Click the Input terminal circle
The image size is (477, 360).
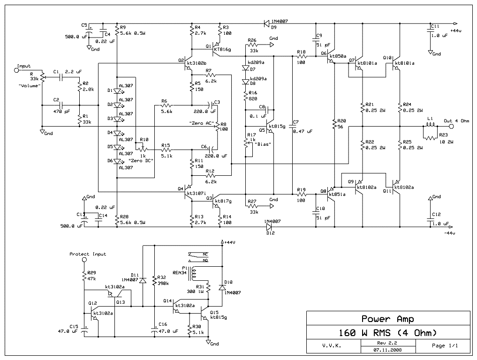click(16, 71)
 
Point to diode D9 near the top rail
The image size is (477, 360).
click(267, 22)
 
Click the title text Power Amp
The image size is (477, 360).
click(387, 319)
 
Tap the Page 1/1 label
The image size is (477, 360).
click(444, 346)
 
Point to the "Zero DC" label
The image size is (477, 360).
click(141, 161)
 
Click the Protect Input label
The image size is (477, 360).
click(88, 254)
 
